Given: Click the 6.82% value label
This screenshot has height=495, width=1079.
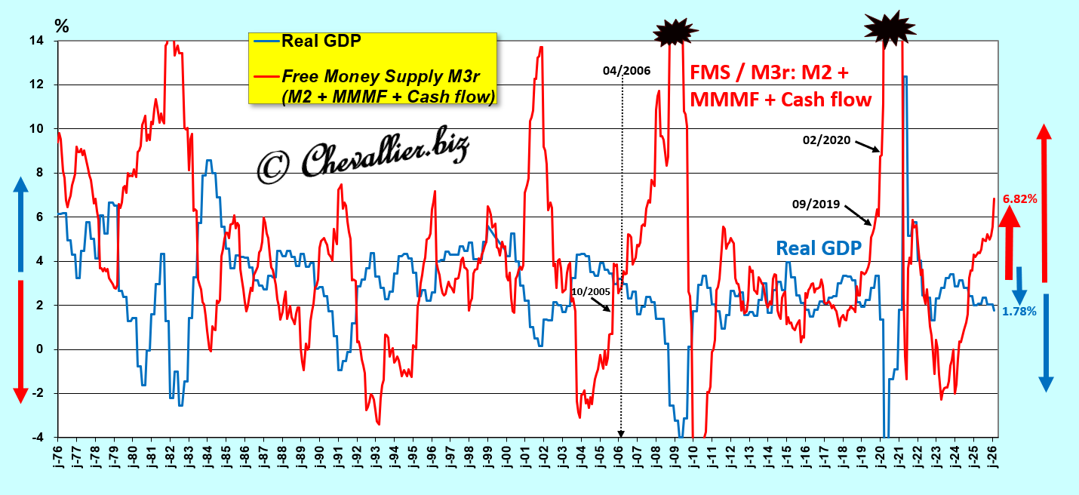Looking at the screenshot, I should tap(1019, 199).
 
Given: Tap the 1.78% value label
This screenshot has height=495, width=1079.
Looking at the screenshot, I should tap(1019, 311).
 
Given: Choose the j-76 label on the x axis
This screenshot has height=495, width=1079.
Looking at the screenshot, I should tap(58, 459).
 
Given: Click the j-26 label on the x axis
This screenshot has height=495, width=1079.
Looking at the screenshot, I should tap(994, 459).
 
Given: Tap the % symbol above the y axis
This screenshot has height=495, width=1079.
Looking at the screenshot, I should tap(62, 25).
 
